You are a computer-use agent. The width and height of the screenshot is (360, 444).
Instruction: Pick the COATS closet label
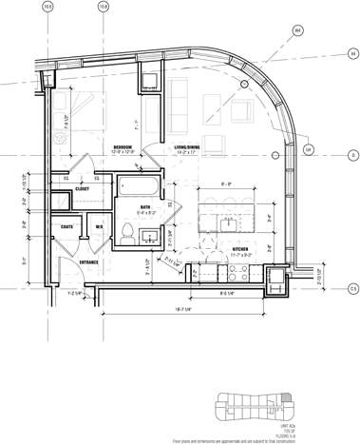click(x=67, y=225)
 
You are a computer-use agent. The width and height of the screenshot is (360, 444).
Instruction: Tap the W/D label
click(x=98, y=226)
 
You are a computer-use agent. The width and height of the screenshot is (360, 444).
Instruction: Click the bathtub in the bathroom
click(x=141, y=186)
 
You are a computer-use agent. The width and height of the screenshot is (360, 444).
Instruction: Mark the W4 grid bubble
click(x=298, y=30)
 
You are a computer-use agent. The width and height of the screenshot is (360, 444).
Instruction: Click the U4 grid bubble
click(x=307, y=149)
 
